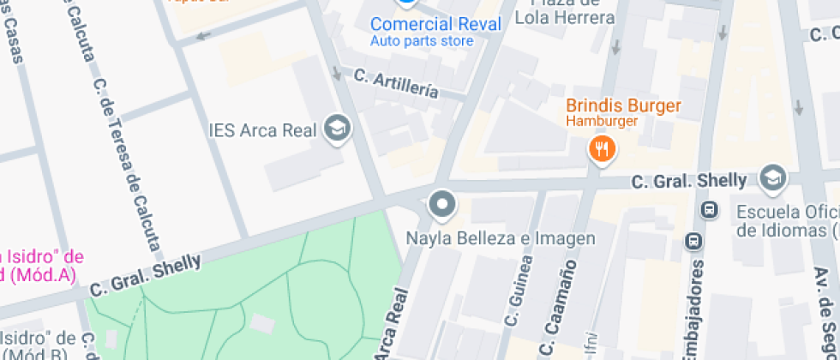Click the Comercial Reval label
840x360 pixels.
coord(435,24)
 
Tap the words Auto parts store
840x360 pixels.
coord(422,40)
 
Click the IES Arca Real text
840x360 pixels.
coord(263,130)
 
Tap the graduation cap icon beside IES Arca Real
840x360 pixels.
coord(338,129)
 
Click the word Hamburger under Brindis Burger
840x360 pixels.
coord(602,123)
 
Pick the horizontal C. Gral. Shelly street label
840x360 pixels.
coord(689,181)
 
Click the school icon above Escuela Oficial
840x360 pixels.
coord(773,178)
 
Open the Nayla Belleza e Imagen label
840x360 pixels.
coord(500,237)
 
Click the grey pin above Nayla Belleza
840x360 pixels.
coord(442,205)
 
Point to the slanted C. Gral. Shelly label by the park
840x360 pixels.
coord(145,273)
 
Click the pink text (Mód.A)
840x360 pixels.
coord(39,275)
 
